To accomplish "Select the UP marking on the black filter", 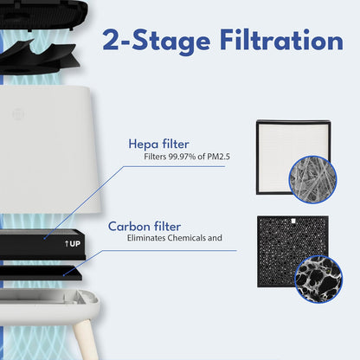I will click(73, 244).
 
